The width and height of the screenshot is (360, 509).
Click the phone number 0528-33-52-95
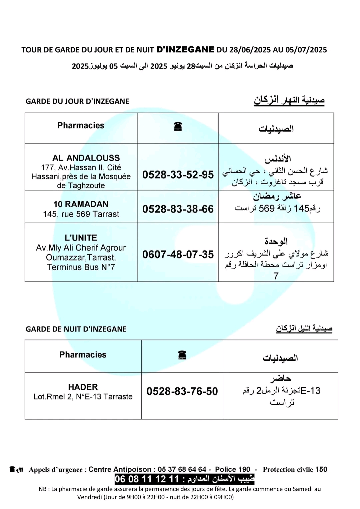178,175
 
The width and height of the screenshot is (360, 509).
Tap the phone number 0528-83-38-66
178,209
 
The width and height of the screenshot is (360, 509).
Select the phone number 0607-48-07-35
178,254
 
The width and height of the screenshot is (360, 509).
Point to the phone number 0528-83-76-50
182,391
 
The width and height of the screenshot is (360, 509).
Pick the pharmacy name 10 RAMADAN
81,204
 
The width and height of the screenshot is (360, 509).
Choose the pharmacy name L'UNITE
81,238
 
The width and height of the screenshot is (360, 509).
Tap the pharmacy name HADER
83,387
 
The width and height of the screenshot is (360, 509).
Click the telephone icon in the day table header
178,127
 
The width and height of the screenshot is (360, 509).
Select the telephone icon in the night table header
182,355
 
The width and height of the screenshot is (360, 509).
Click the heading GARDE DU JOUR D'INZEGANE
77,101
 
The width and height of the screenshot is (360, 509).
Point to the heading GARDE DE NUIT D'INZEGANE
76,329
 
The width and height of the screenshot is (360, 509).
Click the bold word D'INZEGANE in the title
185,50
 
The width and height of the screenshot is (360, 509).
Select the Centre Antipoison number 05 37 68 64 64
182,469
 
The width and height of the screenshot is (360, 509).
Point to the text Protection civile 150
295,469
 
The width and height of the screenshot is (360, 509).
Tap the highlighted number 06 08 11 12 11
147,479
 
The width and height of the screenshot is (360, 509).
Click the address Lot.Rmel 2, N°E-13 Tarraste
83,397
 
